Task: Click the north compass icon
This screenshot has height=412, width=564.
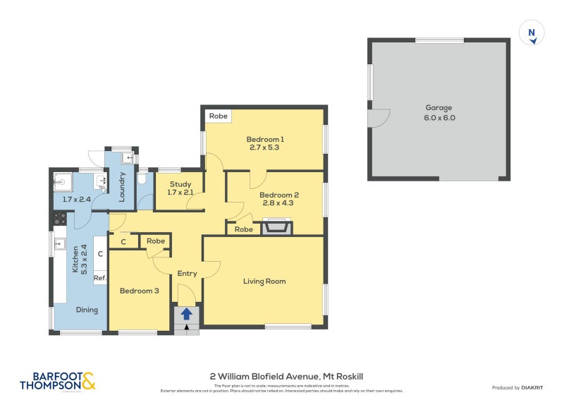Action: coord(532,33)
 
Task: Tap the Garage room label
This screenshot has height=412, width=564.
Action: coord(439,108)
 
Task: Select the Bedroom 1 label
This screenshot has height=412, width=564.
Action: coord(264,138)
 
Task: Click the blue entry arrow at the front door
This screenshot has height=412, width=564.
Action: coord(186,314)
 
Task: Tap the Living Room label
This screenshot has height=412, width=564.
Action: coord(264,281)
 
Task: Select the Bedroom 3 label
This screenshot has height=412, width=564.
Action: coord(139,291)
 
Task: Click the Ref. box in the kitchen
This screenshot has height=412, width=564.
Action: coord(99,278)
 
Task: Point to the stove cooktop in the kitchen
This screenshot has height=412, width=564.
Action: coord(60,219)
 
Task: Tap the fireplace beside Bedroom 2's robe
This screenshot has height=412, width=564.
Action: coord(276,227)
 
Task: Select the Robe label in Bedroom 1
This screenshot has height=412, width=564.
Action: coord(218,116)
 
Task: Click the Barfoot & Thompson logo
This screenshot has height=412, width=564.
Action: coord(57,381)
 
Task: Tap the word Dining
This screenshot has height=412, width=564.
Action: coord(87,310)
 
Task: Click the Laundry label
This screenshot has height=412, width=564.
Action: coord(122,187)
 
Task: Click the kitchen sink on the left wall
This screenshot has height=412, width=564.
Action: coord(60,246)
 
